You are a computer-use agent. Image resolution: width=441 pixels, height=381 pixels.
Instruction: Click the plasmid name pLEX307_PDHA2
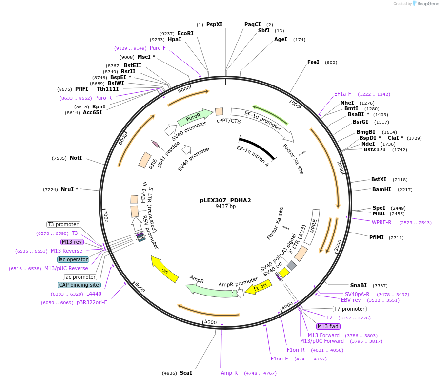point(225,200)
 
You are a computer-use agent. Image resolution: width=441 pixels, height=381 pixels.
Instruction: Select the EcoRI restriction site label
point(185,33)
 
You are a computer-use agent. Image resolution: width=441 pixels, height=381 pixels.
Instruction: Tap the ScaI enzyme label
point(186,373)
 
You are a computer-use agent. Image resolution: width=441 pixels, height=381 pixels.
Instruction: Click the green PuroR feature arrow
point(194,118)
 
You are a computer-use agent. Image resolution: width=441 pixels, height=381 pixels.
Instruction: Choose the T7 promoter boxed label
point(349,309)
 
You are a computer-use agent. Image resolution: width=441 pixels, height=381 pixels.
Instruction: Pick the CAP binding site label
point(79,285)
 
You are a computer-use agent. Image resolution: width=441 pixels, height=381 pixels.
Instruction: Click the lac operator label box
point(73,259)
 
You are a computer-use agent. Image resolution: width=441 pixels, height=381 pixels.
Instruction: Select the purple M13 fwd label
point(328,326)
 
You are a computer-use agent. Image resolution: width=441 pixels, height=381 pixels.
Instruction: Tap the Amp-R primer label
point(229,373)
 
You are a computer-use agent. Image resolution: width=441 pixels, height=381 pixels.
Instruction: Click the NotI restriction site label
point(76,158)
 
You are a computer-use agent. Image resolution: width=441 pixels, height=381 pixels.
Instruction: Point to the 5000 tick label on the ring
point(210,322)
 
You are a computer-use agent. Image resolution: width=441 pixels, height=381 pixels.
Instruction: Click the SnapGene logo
point(425,4)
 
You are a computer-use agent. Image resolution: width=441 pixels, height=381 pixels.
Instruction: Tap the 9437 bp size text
point(225,207)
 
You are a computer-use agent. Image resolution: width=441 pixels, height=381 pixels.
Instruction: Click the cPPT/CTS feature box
point(219,112)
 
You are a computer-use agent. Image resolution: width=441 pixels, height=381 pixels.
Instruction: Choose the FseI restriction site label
point(313,62)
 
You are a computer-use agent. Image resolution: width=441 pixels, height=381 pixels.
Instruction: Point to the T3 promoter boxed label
point(63,224)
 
